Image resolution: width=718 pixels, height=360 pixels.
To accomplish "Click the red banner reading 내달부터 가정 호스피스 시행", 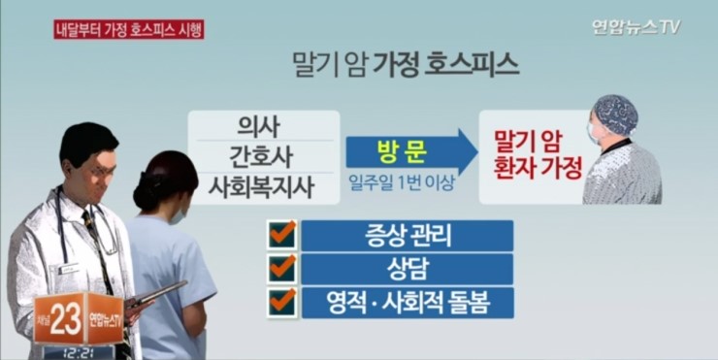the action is point(129,30).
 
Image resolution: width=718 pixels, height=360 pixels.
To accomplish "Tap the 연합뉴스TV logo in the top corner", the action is point(636,27).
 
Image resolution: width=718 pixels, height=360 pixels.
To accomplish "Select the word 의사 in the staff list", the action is point(258,126).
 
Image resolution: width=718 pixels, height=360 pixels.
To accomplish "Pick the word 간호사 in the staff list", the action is point(261,156).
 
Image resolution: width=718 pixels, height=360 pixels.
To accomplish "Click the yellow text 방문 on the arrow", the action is point(403,152).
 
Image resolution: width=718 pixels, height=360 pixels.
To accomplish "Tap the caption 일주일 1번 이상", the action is point(401,183).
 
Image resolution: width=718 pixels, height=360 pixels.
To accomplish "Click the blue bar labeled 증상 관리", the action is point(408,236).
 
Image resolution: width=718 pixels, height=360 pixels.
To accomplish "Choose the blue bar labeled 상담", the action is point(408,269).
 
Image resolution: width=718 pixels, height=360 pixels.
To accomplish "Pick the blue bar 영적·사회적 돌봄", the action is point(408,303).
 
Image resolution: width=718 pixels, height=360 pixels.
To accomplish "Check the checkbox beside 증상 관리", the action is point(282,235).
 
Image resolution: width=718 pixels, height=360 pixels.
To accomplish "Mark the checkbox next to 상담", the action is point(282,269).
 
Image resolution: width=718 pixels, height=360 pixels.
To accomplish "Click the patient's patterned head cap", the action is point(616,115).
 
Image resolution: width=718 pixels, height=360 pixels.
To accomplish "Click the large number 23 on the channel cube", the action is point(65,318).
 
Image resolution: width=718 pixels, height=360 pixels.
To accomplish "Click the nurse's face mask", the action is point(178,216).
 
